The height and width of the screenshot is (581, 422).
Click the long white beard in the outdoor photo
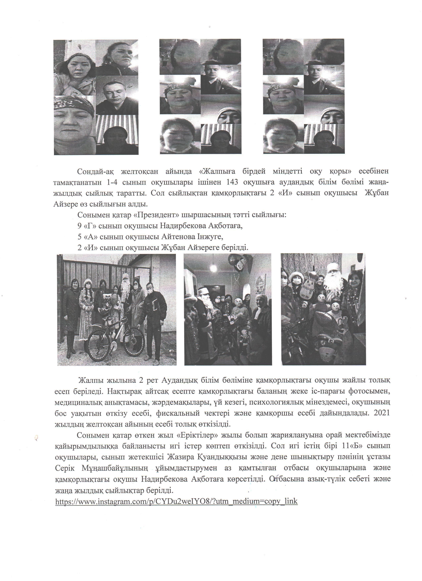[125, 290]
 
